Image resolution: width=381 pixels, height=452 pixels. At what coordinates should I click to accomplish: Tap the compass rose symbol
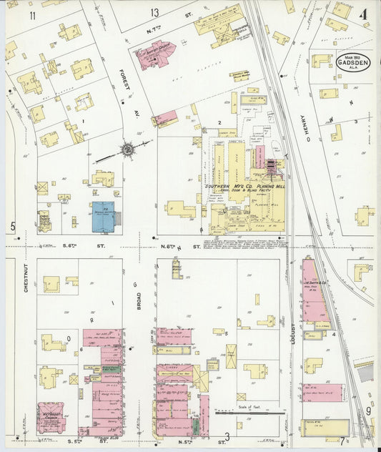pyautogui.click(x=127, y=149)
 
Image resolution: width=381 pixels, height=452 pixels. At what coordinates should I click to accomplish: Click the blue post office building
pyautogui.click(x=104, y=217)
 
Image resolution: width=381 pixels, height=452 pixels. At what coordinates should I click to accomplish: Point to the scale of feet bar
pyautogui.click(x=244, y=413)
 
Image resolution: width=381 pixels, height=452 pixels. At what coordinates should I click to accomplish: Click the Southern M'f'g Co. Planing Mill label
pyautogui.click(x=244, y=187)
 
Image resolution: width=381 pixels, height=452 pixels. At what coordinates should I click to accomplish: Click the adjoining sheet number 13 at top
pyautogui.click(x=155, y=13)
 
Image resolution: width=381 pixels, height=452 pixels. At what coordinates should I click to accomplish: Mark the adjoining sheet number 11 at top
pyautogui.click(x=32, y=15)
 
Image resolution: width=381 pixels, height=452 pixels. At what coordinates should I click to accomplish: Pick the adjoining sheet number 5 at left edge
pyautogui.click(x=12, y=227)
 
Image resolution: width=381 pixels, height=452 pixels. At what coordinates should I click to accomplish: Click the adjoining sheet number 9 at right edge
pyautogui.click(x=368, y=411)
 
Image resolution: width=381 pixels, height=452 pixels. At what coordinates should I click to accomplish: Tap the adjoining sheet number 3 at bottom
pyautogui.click(x=227, y=436)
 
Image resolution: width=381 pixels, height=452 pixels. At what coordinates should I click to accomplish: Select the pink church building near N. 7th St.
pyautogui.click(x=156, y=55)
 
